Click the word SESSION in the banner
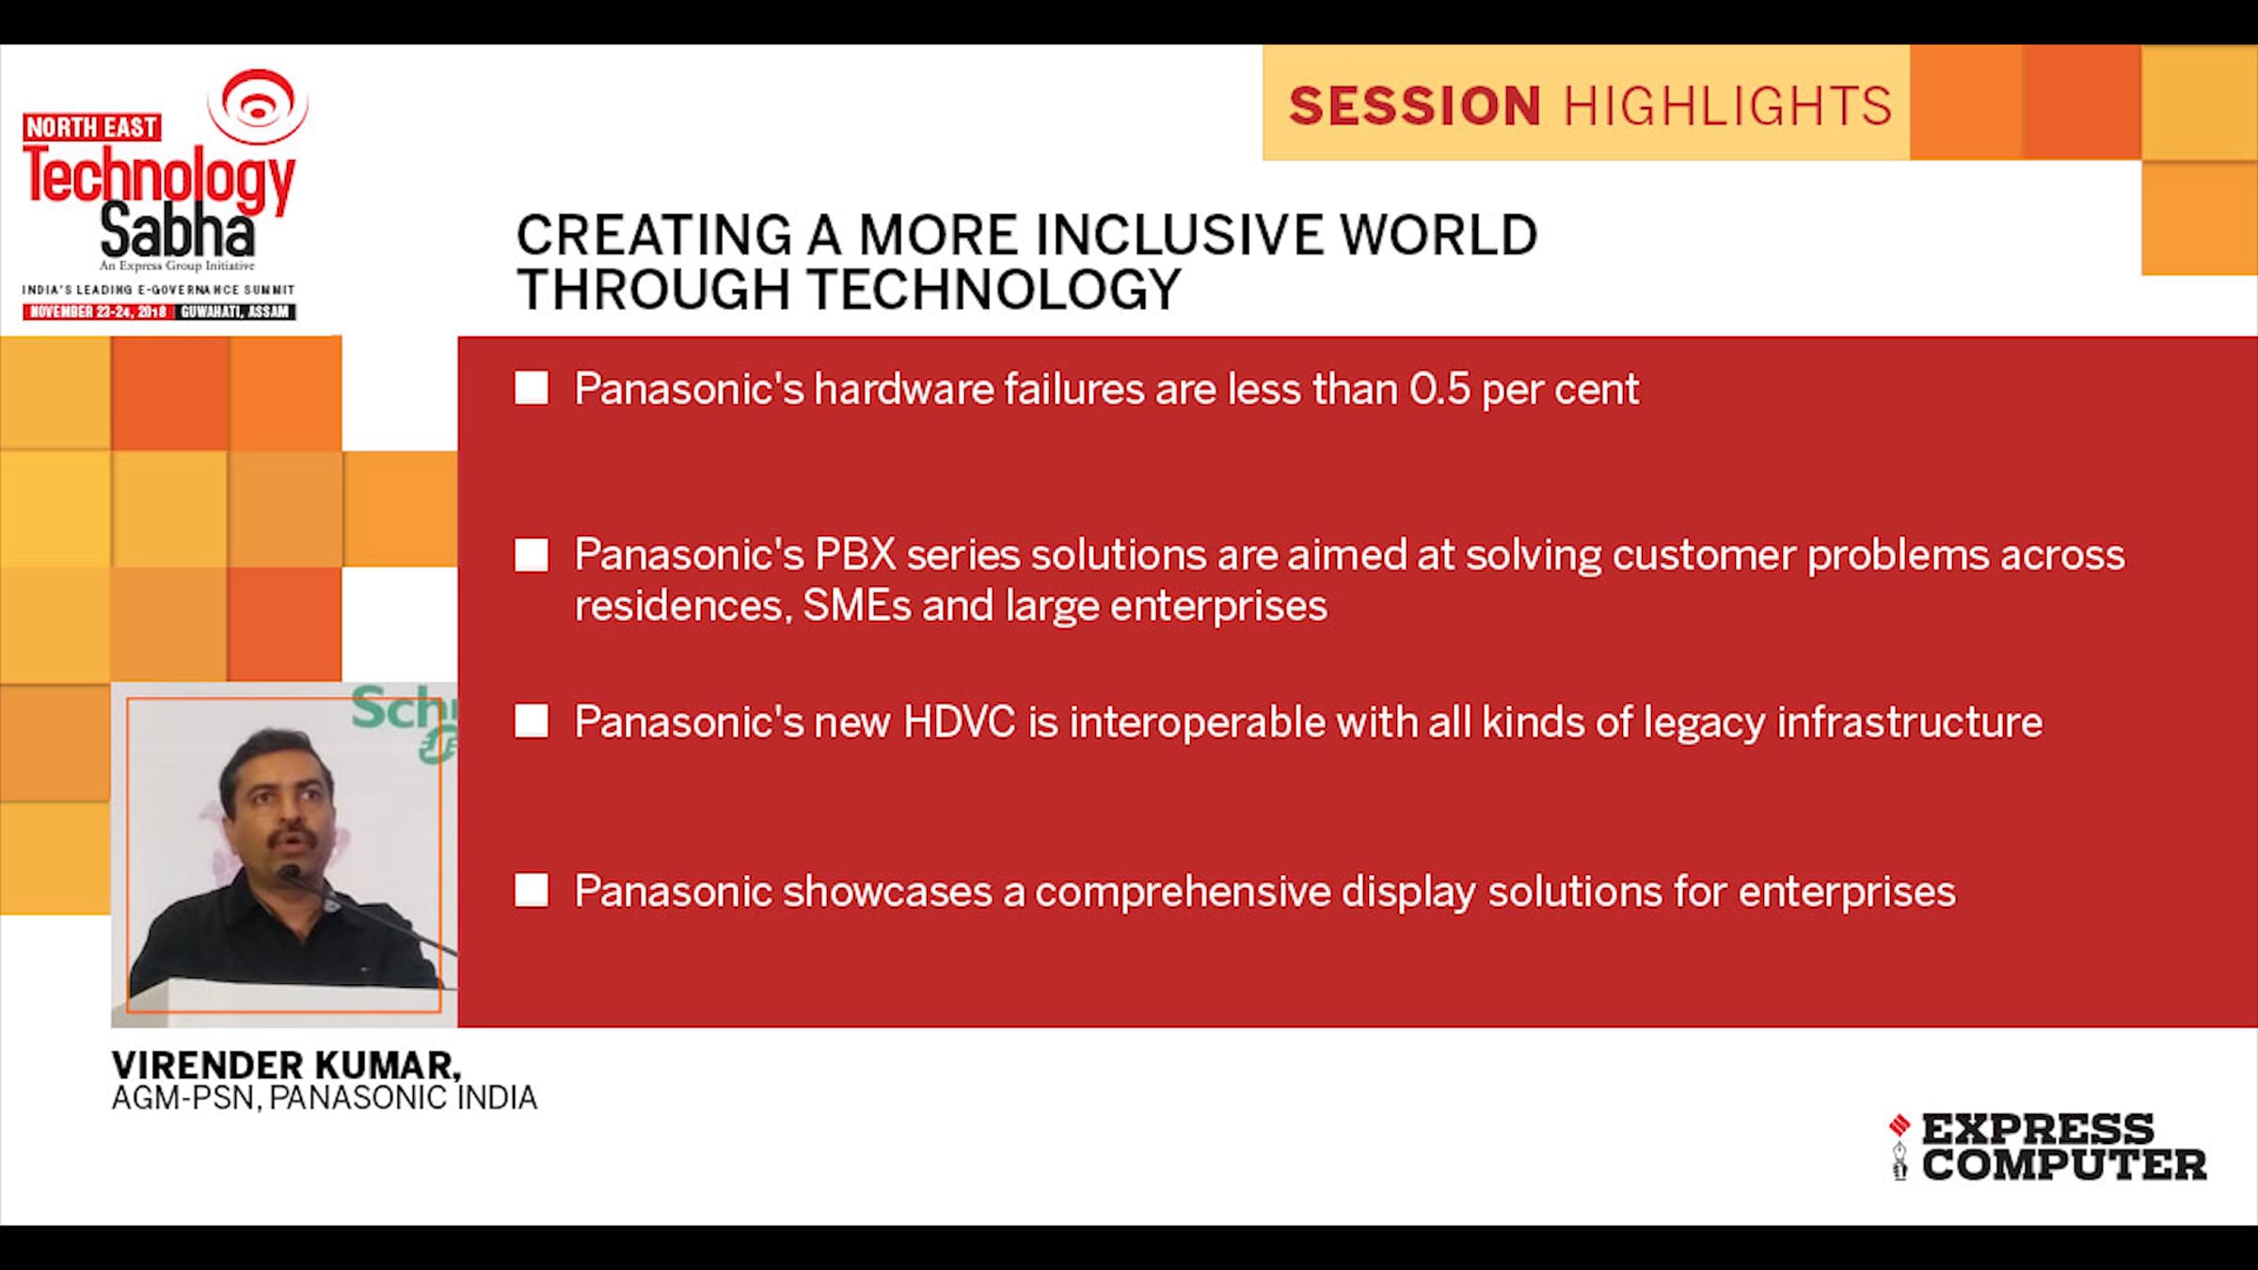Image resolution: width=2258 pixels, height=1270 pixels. click(x=1414, y=105)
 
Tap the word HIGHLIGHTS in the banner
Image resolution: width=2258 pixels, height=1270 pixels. click(x=1727, y=105)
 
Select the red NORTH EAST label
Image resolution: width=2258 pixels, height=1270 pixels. click(x=91, y=127)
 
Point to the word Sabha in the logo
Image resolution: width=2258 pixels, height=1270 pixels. click(x=177, y=230)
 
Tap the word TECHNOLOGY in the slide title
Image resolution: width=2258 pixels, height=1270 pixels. click(x=994, y=289)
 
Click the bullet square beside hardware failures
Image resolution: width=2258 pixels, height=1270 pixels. click(x=532, y=388)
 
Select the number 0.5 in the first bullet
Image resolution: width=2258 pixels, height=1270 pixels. click(x=1439, y=389)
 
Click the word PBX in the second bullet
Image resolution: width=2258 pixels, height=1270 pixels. click(x=855, y=554)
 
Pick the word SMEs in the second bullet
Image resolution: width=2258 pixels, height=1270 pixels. click(x=857, y=606)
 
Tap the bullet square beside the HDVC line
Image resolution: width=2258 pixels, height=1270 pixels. click(x=532, y=722)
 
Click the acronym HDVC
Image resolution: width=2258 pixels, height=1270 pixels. click(x=960, y=722)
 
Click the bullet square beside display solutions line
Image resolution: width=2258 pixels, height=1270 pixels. click(x=532, y=890)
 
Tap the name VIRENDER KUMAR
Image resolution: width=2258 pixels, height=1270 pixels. click(x=286, y=1065)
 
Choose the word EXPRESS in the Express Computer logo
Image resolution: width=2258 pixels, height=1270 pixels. click(x=2037, y=1129)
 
